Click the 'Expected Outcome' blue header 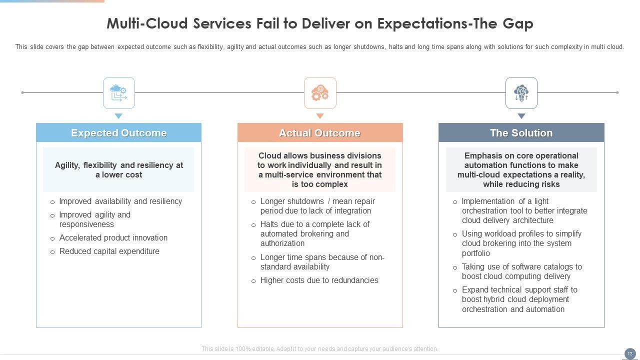[x=118, y=132]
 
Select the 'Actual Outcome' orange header [x=320, y=132]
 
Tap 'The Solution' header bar [x=521, y=132]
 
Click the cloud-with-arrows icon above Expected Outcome [x=118, y=93]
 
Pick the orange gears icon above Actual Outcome [x=320, y=93]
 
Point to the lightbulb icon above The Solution [x=521, y=93]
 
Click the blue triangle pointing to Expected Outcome [x=118, y=116]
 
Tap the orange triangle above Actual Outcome [x=320, y=116]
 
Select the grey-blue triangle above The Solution [x=521, y=116]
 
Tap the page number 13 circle [x=630, y=353]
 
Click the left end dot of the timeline [x=22, y=92]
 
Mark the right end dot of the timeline [x=617, y=92]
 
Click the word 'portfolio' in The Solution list [x=475, y=253]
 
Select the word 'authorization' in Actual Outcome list [x=282, y=243]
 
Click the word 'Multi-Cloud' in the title [x=147, y=23]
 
